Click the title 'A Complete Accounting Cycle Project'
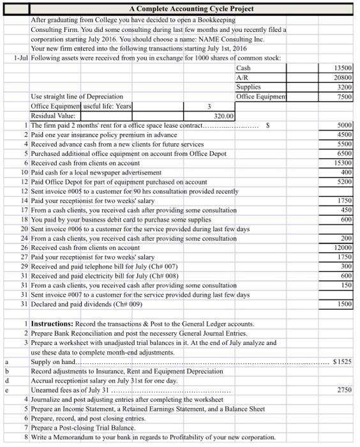191,8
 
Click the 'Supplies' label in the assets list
248,87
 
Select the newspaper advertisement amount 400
346,173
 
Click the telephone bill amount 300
346,266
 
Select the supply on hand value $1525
342,361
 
